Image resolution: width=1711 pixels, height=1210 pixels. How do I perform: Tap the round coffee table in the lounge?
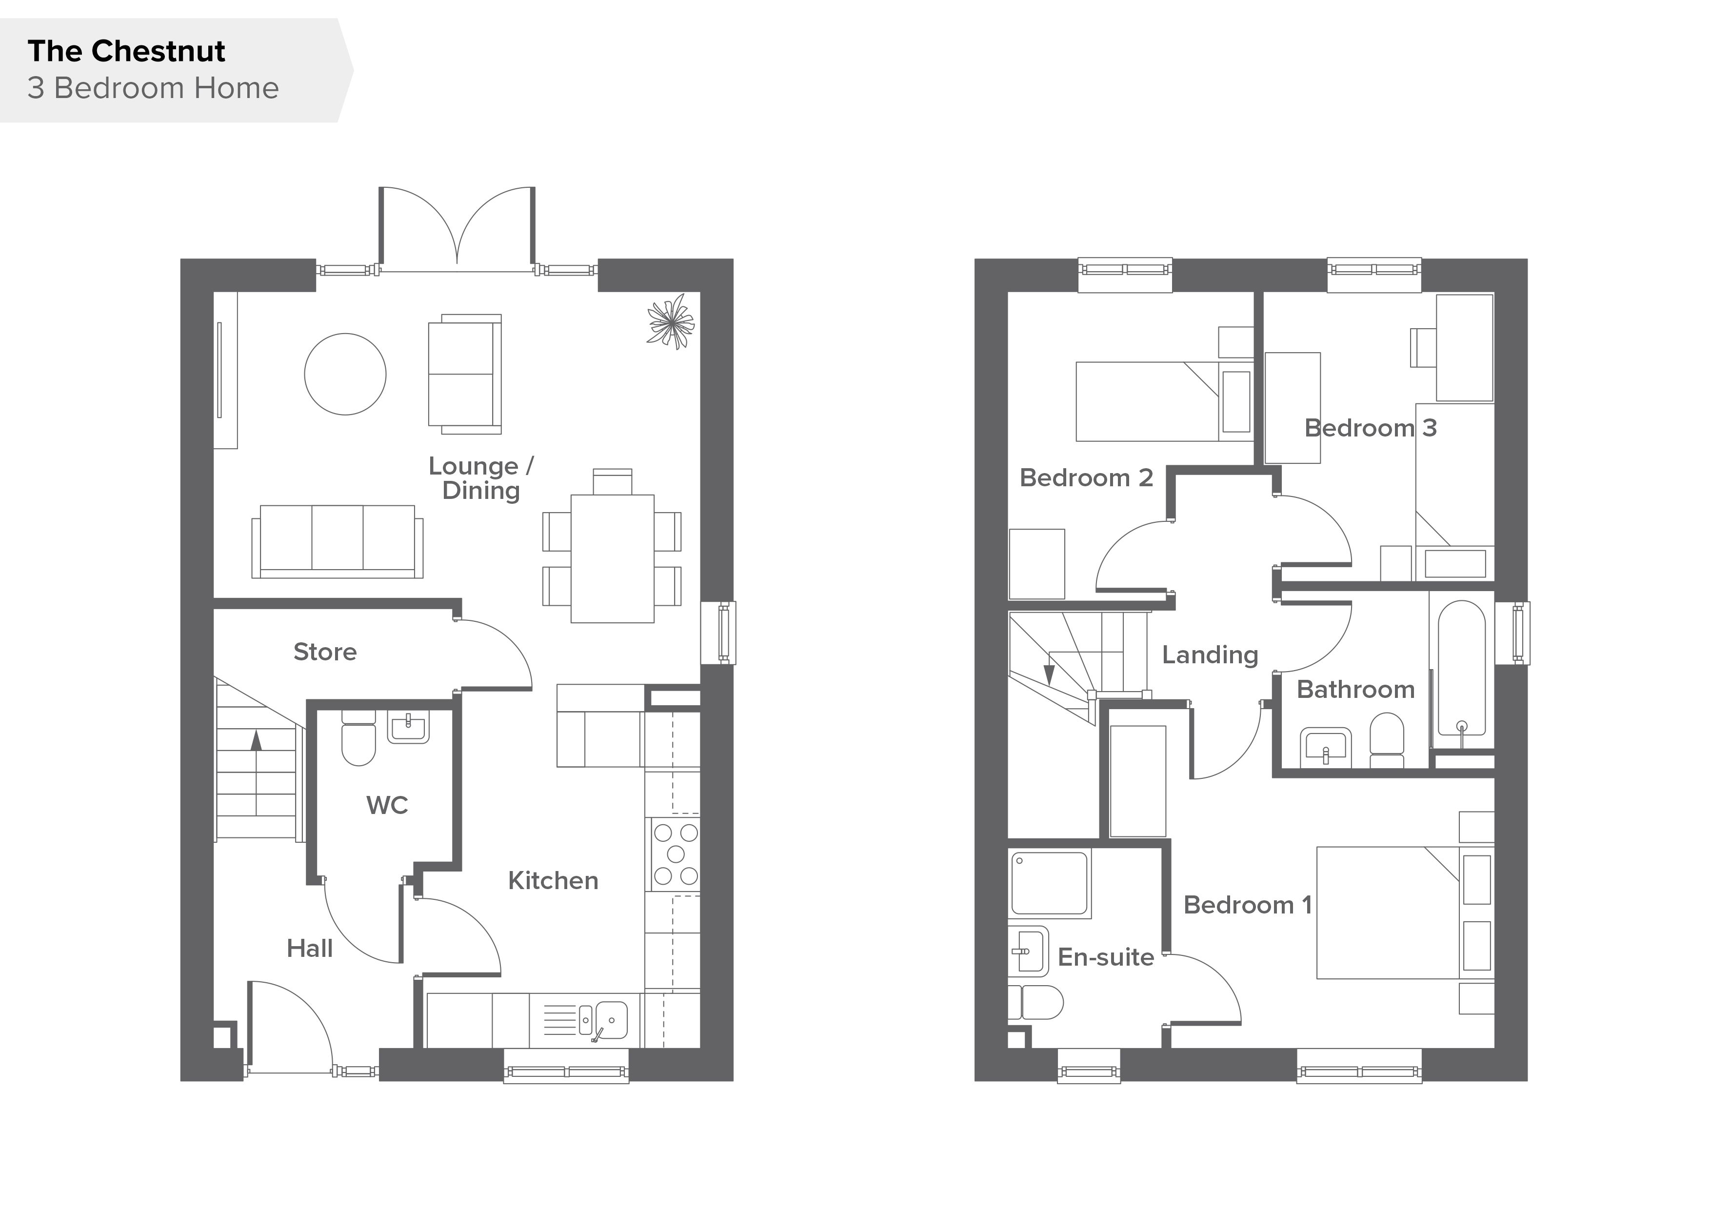point(345,374)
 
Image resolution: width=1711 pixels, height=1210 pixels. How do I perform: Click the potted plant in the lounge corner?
point(671,322)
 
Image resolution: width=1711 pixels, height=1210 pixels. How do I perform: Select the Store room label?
point(325,652)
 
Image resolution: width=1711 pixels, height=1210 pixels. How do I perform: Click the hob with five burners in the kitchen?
point(675,854)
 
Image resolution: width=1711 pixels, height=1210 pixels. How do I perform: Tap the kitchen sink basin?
point(611,1018)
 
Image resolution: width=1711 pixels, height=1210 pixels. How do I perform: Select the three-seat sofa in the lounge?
point(338,542)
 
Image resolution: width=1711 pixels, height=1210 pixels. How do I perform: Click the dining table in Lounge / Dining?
point(613,559)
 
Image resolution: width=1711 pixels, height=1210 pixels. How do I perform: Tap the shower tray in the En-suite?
point(1049,883)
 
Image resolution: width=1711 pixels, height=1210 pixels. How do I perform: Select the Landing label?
point(1210,655)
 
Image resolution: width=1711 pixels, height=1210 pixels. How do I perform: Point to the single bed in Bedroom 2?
point(1165,401)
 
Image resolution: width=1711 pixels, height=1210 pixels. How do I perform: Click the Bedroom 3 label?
point(1371,428)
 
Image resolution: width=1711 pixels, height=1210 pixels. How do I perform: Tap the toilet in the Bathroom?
point(1387,741)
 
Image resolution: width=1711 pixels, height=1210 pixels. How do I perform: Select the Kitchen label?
point(553,881)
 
